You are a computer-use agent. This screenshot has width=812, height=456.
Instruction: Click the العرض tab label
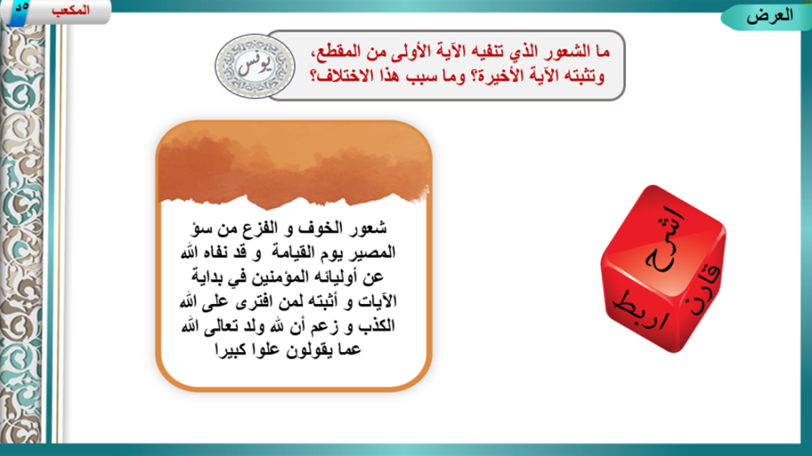click(769, 16)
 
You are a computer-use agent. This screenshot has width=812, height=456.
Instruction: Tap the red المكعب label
click(71, 10)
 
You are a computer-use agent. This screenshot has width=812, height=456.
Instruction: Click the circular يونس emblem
click(255, 67)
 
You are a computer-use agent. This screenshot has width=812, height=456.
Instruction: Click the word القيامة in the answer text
click(294, 252)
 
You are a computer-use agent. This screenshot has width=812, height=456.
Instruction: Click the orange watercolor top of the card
click(294, 164)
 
